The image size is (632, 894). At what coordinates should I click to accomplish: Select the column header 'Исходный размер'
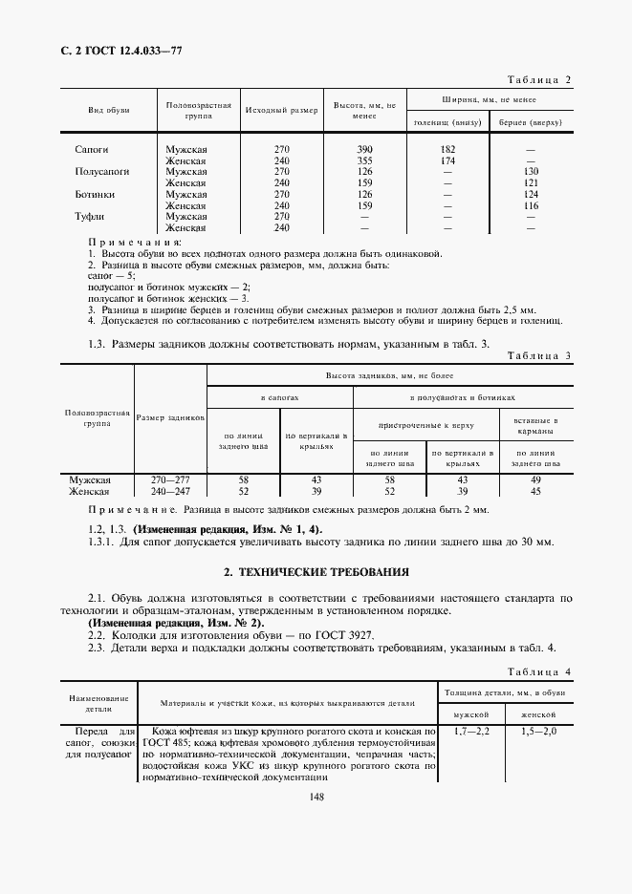click(280, 111)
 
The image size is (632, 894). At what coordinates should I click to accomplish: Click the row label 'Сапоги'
click(91, 150)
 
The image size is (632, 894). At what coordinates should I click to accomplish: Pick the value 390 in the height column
click(364, 150)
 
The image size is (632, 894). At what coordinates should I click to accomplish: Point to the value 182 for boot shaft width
click(447, 150)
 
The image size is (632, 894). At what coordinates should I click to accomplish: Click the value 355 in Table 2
click(364, 160)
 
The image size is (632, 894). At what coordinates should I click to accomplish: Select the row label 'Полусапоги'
click(100, 172)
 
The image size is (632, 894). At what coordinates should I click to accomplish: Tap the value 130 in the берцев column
click(532, 172)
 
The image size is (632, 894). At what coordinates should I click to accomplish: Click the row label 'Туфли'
click(89, 217)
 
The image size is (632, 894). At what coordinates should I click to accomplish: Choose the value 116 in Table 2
click(532, 205)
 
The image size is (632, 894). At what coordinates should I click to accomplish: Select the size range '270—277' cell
click(170, 479)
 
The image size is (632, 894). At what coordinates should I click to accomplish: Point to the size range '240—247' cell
click(170, 491)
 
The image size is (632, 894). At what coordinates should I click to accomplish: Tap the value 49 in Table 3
click(535, 479)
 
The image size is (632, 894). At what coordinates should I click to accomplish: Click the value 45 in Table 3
click(535, 491)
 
